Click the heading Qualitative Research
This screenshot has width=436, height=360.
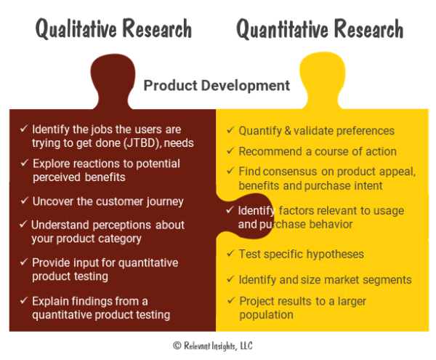pyautogui.click(x=114, y=28)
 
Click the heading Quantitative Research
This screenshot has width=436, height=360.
pyautogui.click(x=319, y=28)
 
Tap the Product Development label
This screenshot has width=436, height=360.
pyautogui.click(x=217, y=85)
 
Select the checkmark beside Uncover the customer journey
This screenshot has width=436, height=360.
pyautogui.click(x=24, y=201)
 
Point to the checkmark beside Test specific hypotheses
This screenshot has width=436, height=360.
pyautogui.click(x=230, y=254)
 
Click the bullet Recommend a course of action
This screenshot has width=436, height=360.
pyautogui.click(x=317, y=151)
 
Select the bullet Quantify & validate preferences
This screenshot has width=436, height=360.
pyautogui.click(x=316, y=131)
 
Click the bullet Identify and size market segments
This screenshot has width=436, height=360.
pyautogui.click(x=325, y=279)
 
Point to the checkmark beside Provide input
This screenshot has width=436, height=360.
pyautogui.click(x=24, y=262)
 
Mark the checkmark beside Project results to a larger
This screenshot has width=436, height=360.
pyautogui.click(x=230, y=300)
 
